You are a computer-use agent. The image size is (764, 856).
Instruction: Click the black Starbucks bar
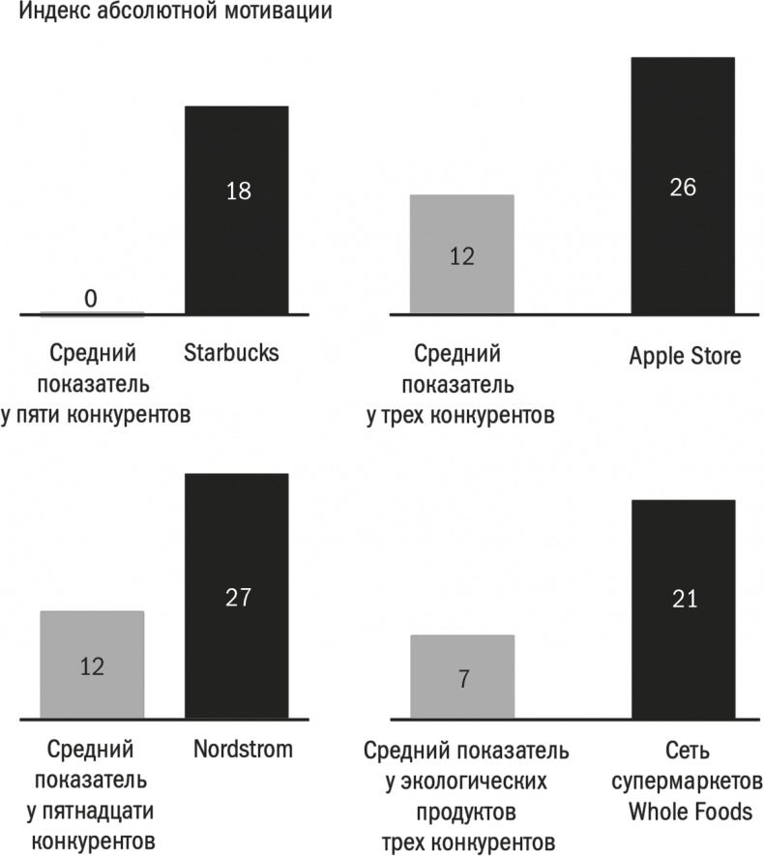pyautogui.click(x=237, y=210)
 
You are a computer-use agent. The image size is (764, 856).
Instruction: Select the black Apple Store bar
pyautogui.click(x=682, y=186)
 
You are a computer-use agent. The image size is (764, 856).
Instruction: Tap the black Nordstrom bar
pyautogui.click(x=237, y=596)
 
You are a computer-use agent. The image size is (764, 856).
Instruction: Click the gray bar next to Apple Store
pyautogui.click(x=462, y=254)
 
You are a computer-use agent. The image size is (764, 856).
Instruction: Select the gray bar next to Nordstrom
pyautogui.click(x=92, y=665)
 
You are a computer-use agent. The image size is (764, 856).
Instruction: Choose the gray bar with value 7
pyautogui.click(x=462, y=677)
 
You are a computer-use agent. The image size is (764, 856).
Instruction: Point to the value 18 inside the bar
pyautogui.click(x=238, y=191)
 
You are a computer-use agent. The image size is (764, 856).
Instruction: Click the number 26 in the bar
pyautogui.click(x=683, y=187)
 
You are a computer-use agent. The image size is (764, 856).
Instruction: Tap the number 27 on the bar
pyautogui.click(x=238, y=597)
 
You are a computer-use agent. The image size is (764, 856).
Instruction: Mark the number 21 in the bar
pyautogui.click(x=683, y=601)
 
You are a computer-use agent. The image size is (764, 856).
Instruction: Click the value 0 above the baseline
pyautogui.click(x=91, y=299)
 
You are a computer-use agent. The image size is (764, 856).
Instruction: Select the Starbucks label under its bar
pyautogui.click(x=231, y=353)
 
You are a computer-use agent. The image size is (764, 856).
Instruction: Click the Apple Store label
pyautogui.click(x=685, y=357)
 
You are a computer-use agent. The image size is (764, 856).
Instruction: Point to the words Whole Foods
pyautogui.click(x=689, y=812)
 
